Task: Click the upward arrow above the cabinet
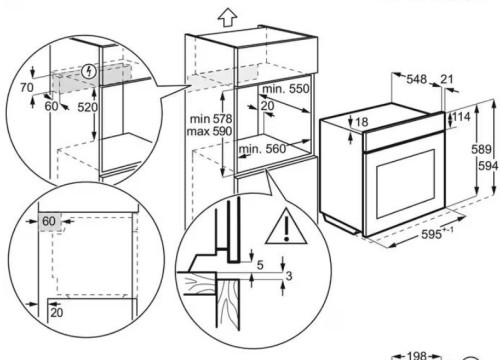click(227, 18)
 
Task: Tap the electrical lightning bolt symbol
click(89, 71)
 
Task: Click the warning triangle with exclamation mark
click(286, 227)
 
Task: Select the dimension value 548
click(416, 79)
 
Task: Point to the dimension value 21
click(447, 79)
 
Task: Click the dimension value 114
click(461, 117)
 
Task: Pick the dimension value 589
click(481, 149)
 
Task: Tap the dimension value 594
click(488, 166)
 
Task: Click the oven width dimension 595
click(431, 234)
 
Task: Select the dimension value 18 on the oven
click(362, 122)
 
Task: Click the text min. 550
click(286, 89)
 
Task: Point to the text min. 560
click(263, 149)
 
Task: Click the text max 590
click(209, 131)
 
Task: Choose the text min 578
click(211, 119)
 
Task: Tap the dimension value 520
click(88, 107)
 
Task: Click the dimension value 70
click(27, 87)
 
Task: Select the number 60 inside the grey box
click(49, 221)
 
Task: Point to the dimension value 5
click(260, 265)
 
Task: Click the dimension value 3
click(289, 276)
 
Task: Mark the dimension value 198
click(417, 356)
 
